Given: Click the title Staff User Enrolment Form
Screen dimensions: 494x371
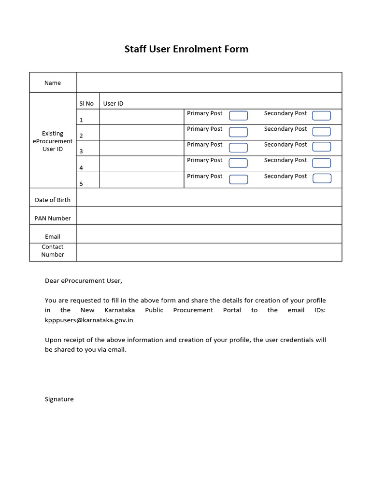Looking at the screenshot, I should [186, 49].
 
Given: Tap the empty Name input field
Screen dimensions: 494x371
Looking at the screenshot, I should [209, 82].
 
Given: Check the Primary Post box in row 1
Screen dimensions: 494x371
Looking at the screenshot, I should [238, 116].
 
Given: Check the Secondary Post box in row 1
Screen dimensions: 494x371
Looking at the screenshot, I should [321, 116].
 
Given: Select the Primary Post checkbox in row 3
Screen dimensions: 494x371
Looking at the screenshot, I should [238, 148].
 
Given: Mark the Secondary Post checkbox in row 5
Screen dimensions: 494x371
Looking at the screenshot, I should [322, 178].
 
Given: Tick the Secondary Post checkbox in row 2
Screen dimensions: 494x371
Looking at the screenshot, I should [321, 132].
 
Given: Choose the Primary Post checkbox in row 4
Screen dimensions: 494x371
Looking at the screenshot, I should [238, 163].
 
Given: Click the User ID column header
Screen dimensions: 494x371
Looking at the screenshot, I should [113, 104].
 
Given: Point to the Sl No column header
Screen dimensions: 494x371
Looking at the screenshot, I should [86, 104].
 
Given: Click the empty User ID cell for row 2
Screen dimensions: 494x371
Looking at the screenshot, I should [142, 133].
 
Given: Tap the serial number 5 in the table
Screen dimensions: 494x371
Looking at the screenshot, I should [81, 184].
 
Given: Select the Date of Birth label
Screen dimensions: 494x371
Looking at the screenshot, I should [53, 200].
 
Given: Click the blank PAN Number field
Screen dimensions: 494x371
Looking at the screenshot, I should [209, 216].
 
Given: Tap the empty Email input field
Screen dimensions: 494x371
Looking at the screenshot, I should [209, 234].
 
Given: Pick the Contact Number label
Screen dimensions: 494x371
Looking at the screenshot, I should [53, 251].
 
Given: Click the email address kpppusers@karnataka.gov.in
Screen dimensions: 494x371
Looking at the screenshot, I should [89, 320].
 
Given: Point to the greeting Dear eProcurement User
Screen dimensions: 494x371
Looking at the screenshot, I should [84, 280].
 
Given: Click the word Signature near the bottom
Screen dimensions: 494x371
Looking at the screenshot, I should [59, 399].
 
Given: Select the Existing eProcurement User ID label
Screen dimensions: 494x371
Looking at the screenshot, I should [53, 141].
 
